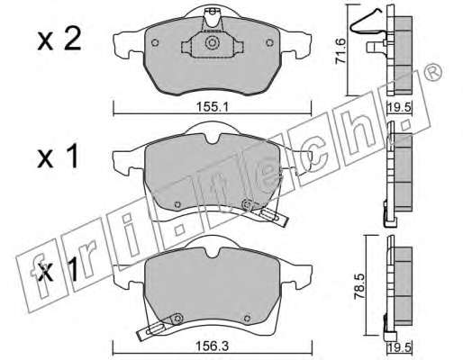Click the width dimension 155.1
pyautogui.click(x=213, y=107)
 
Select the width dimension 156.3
pyautogui.click(x=213, y=346)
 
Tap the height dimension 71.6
pyautogui.click(x=340, y=50)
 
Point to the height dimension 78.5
pyautogui.click(x=359, y=285)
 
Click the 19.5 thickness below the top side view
pyautogui.click(x=399, y=107)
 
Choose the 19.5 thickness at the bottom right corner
pyautogui.click(x=399, y=347)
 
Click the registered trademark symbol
pyautogui.click(x=433, y=72)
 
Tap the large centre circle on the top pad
pyautogui.click(x=212, y=42)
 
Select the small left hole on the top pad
pyautogui.click(x=155, y=42)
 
